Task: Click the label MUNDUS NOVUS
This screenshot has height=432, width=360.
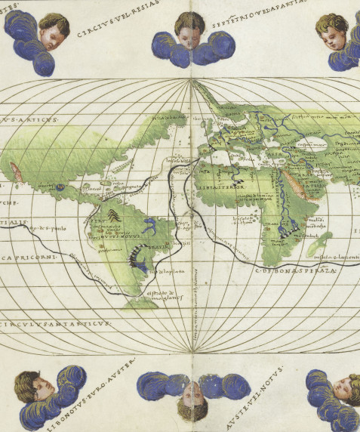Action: coord(113,235)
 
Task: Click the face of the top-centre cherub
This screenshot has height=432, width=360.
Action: coord(189,27)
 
